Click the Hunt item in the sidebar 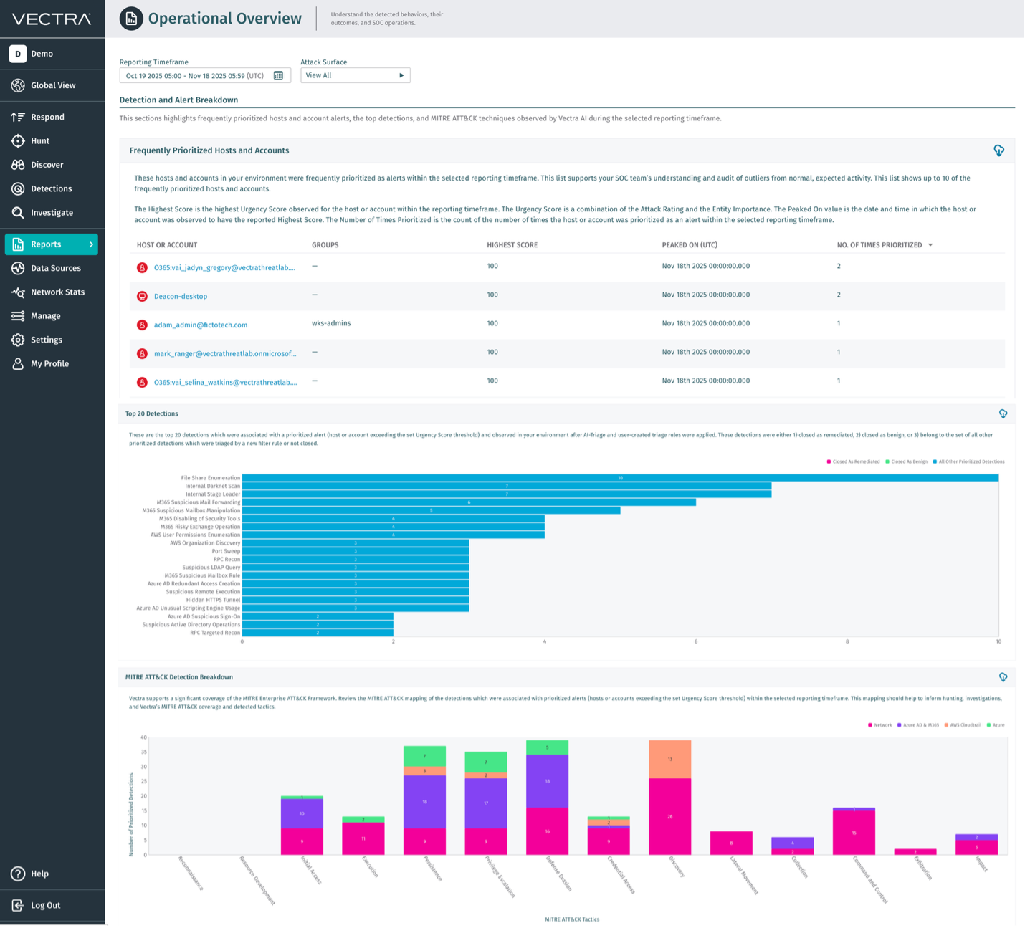pos(40,141)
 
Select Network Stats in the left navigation pos(57,292)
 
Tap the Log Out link pos(45,905)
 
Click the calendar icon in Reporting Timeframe pos(279,76)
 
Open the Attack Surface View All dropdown pos(355,75)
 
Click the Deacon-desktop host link pos(181,296)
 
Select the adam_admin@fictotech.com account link pos(201,325)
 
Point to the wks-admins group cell pos(331,323)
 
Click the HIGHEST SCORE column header pos(512,245)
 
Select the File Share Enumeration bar pos(620,478)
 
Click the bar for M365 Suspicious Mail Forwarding pos(469,502)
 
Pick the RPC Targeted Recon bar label pos(215,633)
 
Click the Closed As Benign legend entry pos(908,461)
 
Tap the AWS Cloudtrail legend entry pos(965,725)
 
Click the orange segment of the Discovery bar pos(670,759)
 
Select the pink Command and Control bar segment pos(854,832)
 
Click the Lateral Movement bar pos(731,843)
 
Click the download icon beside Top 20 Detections pos(1003,414)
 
